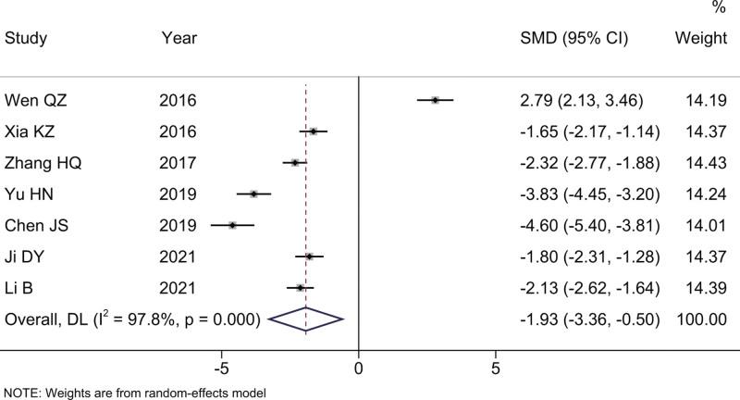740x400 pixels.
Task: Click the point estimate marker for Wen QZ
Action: [435, 99]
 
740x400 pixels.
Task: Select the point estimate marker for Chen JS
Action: [232, 225]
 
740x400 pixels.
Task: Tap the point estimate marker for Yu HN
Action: [253, 194]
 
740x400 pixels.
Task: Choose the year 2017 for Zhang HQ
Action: [179, 163]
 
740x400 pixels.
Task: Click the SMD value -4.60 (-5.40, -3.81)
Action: [590, 226]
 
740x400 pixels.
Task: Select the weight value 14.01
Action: [699, 226]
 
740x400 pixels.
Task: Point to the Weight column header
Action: [699, 40]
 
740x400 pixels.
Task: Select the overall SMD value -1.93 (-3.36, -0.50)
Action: [590, 320]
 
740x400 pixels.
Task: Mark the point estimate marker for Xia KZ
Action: [313, 131]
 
